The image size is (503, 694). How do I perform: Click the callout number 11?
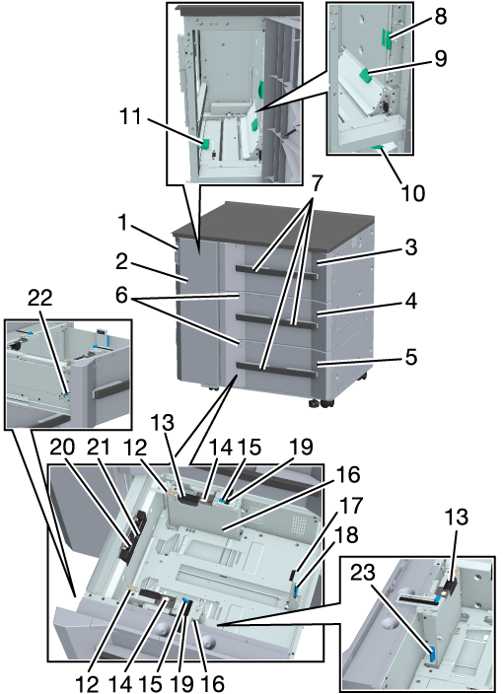pyautogui.click(x=131, y=117)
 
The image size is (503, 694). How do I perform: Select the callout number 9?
pyautogui.click(x=441, y=59)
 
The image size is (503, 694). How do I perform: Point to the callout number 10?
pyautogui.click(x=412, y=193)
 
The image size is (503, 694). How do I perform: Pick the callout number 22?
pyautogui.click(x=39, y=299)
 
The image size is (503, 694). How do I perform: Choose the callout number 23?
pyautogui.click(x=363, y=574)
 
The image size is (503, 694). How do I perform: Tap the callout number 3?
pyautogui.click(x=411, y=247)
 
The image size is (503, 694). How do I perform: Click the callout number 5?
pyautogui.click(x=411, y=357)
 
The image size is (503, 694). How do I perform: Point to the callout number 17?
pyautogui.click(x=352, y=506)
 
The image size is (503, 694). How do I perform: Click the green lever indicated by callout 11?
pyautogui.click(x=205, y=144)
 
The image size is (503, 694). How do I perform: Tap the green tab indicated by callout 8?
pyautogui.click(x=386, y=39)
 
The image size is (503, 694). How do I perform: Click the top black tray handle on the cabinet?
pyautogui.click(x=277, y=271)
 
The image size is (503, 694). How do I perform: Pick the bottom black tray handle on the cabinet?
pyautogui.click(x=277, y=369)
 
